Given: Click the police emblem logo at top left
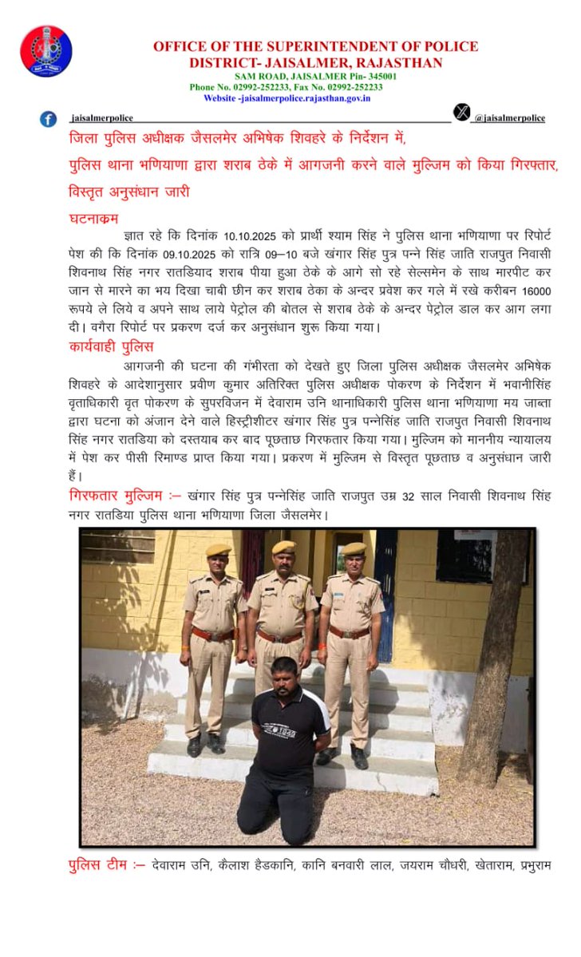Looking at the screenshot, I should [x=45, y=50].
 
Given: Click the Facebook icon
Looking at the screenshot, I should [x=49, y=119].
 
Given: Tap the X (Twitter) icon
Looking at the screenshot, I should [x=461, y=113].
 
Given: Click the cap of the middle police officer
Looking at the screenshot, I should [x=283, y=548].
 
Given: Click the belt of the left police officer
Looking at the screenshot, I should [x=212, y=635].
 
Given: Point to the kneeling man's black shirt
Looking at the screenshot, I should [x=288, y=730].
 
